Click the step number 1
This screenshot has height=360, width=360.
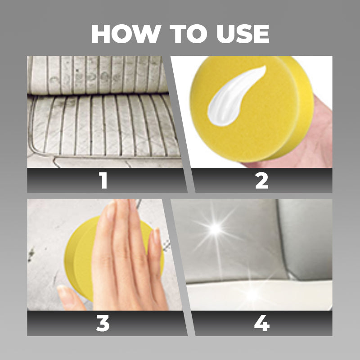tap(103, 180)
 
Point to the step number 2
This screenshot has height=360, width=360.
tap(262, 180)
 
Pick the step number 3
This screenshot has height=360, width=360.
tap(103, 323)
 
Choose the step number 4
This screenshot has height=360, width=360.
tap(262, 323)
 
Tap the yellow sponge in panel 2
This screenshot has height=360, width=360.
tap(252, 108)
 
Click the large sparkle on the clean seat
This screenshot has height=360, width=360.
tap(216, 229)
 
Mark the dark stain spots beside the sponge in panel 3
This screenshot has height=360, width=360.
tap(31, 254)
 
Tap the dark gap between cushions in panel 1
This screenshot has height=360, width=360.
tap(98, 94)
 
